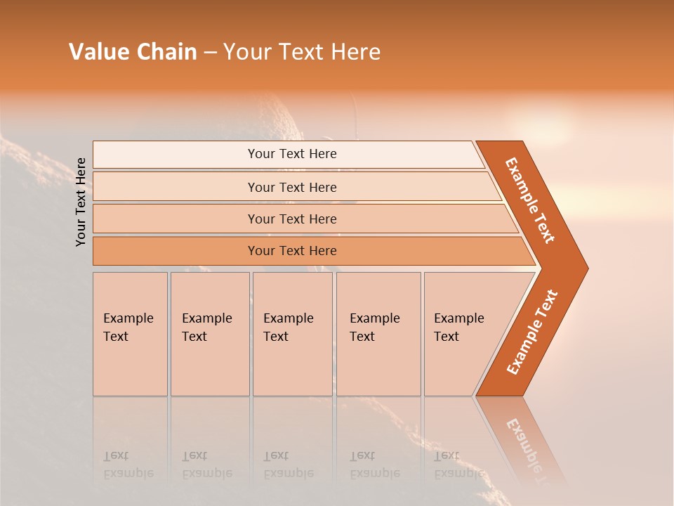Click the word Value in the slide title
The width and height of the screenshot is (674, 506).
tap(98, 52)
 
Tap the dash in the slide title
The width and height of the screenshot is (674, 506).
tap(210, 53)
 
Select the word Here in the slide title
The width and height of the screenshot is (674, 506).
tap(355, 52)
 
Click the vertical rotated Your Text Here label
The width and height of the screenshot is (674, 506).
tap(81, 202)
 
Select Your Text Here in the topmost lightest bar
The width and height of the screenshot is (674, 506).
tap(292, 154)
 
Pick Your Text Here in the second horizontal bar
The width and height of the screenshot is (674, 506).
tap(292, 188)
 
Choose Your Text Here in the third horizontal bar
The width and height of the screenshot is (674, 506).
tap(292, 219)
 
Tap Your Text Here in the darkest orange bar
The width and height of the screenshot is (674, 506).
tap(292, 251)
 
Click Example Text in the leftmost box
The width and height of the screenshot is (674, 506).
tap(128, 327)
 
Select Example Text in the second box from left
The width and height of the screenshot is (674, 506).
tap(206, 327)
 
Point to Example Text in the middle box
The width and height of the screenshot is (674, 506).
tap(288, 327)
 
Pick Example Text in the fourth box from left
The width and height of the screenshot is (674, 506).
tap(374, 327)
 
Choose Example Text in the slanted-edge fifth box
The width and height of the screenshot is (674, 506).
tap(458, 327)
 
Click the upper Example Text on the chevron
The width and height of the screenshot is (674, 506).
tap(530, 200)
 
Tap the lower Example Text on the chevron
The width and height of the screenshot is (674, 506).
tap(532, 332)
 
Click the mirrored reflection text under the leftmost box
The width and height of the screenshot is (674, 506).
tap(128, 465)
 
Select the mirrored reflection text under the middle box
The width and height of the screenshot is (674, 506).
tap(288, 465)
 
